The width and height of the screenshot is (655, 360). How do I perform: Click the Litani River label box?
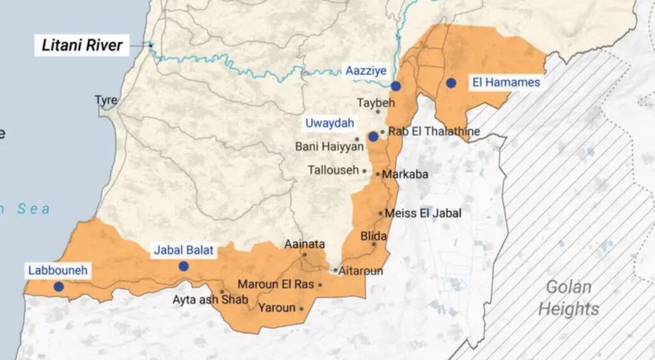pos(82,45)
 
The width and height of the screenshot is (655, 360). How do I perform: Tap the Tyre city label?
pos(106,100)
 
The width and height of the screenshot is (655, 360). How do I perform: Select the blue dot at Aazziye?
pos(396,86)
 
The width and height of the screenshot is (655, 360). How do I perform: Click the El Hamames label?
pos(506,82)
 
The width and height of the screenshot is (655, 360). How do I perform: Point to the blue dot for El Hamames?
pos(451,82)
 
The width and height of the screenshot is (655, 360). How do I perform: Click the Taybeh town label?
pos(376,102)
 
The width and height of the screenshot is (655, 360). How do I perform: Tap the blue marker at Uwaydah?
pos(373,136)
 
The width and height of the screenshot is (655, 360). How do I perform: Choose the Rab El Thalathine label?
pos(434,132)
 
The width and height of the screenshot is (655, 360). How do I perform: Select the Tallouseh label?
pos(333,171)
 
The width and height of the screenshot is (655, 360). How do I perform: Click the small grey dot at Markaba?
pos(378,174)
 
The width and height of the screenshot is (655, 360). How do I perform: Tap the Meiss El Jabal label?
pos(423,214)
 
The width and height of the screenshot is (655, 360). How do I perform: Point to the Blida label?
pos(374,235)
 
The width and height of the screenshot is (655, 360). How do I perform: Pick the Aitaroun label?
pos(361,271)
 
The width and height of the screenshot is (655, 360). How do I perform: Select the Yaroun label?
pos(277,308)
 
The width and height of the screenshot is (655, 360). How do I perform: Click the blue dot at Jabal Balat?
pos(184,266)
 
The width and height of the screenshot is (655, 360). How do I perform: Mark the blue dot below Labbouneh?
pos(58,286)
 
